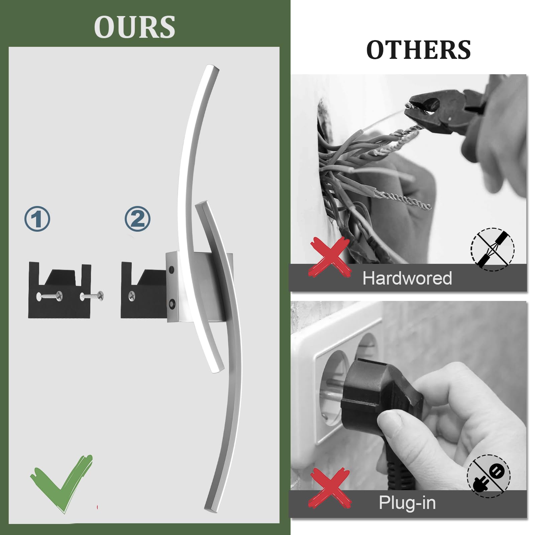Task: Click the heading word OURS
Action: [135, 27]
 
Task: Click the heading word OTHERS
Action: [419, 50]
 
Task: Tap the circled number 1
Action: [37, 219]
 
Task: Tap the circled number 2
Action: [137, 219]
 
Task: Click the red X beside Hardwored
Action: [330, 256]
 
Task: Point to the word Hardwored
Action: [407, 278]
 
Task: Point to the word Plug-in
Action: [407, 503]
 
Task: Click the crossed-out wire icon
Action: [493, 249]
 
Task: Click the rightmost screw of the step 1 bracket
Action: [92, 296]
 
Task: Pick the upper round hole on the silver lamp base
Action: [172, 269]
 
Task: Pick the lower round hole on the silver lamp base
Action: [172, 304]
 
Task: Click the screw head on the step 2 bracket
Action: [132, 295]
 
